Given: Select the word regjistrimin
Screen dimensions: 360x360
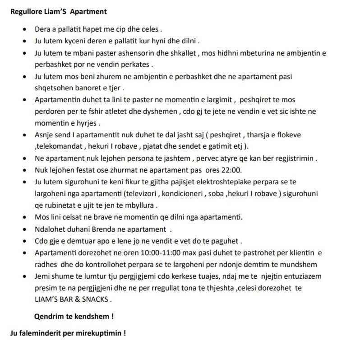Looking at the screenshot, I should tap(294, 158).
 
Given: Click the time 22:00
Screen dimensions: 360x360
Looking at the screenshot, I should tap(231, 170).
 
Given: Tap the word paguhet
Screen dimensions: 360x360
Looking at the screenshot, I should tap(225, 240).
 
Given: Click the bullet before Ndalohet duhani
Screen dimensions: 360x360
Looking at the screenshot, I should tap(24, 229).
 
